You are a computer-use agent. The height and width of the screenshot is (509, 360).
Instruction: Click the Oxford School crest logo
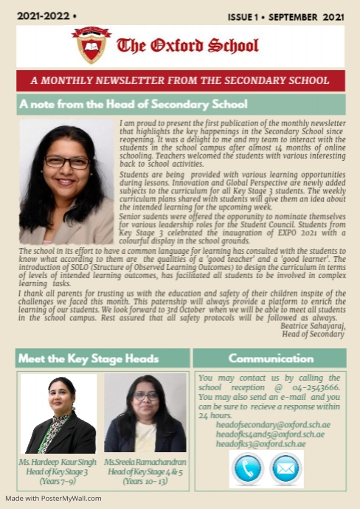(x=91, y=45)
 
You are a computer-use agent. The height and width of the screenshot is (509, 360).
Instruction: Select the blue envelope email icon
(x=286, y=468)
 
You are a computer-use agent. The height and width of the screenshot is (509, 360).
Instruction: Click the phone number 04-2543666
(x=315, y=387)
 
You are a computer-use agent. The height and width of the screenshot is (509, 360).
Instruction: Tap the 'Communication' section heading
(x=269, y=359)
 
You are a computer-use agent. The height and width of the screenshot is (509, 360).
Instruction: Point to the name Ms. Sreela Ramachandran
(x=145, y=462)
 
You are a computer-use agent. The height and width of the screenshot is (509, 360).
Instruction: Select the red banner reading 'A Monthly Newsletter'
(x=180, y=80)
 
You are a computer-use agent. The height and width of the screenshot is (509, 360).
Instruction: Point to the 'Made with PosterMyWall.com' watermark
(x=53, y=498)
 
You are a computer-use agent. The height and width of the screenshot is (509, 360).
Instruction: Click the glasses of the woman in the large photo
(x=66, y=161)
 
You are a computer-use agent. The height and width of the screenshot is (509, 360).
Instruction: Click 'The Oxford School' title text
(x=187, y=46)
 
